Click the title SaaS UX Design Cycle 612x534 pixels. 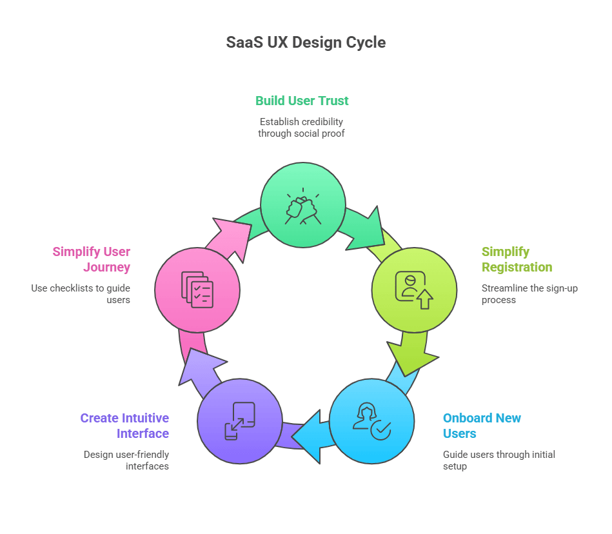click(x=306, y=43)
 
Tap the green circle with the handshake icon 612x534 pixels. click(x=302, y=205)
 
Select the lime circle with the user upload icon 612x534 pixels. click(x=414, y=290)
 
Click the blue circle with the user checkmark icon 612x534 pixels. click(x=371, y=421)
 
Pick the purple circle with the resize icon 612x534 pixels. click(x=239, y=421)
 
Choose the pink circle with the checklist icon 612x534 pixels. click(x=197, y=290)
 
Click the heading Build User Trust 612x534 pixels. click(x=302, y=101)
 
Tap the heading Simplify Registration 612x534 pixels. click(x=517, y=259)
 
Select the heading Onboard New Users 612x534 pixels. click(x=482, y=426)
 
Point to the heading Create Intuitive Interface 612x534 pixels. click(x=124, y=426)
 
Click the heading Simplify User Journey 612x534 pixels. click(x=92, y=259)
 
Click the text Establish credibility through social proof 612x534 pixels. click(x=301, y=127)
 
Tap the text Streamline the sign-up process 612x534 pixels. click(x=529, y=294)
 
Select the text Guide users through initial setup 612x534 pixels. click(x=498, y=460)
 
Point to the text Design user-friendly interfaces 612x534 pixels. click(x=126, y=460)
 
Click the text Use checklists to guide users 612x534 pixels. click(x=81, y=294)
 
